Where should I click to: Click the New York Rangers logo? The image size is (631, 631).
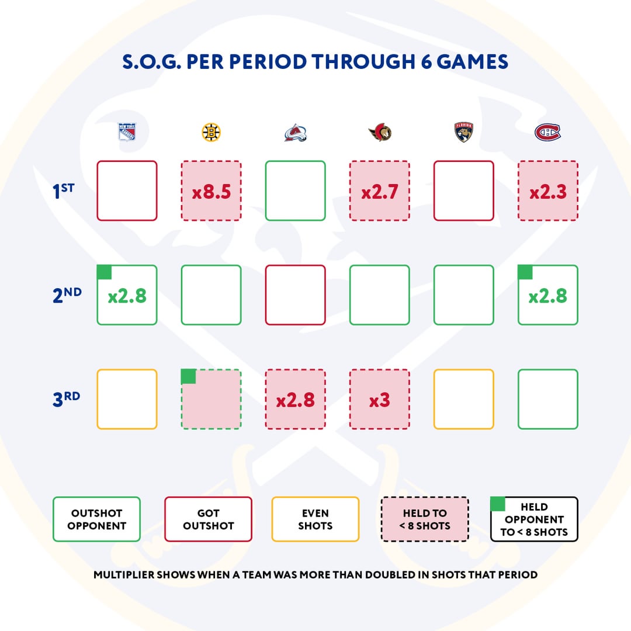(127, 133)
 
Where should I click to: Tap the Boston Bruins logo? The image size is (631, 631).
(211, 133)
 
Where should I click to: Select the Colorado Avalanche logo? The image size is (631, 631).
(296, 133)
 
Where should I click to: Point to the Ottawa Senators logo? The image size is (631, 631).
(380, 133)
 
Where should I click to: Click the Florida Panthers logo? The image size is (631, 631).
(464, 133)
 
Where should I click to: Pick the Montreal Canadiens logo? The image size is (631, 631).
(547, 133)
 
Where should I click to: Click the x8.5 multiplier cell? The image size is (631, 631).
(211, 191)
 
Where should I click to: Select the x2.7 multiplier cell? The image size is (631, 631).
(380, 191)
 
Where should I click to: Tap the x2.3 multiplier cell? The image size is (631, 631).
(548, 191)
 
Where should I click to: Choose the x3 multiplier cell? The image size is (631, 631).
(380, 400)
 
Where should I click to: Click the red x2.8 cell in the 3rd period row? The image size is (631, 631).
(296, 400)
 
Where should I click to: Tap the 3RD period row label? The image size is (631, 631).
(66, 399)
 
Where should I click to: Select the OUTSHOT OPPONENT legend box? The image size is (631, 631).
(96, 519)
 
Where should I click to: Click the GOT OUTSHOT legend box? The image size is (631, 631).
(209, 519)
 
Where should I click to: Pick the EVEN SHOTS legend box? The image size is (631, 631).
(315, 519)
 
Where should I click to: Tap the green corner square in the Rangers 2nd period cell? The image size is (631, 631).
(104, 272)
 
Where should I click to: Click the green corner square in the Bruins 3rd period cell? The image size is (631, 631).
(188, 376)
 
